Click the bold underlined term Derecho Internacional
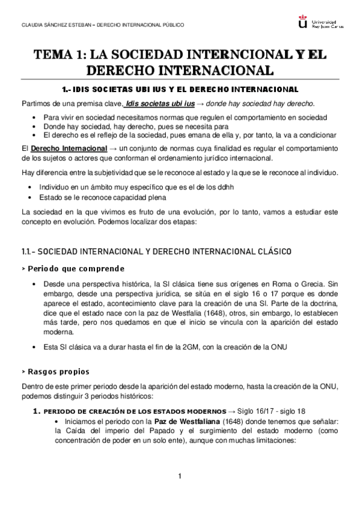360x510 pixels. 62,147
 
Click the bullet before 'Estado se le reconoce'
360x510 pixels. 31,197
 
